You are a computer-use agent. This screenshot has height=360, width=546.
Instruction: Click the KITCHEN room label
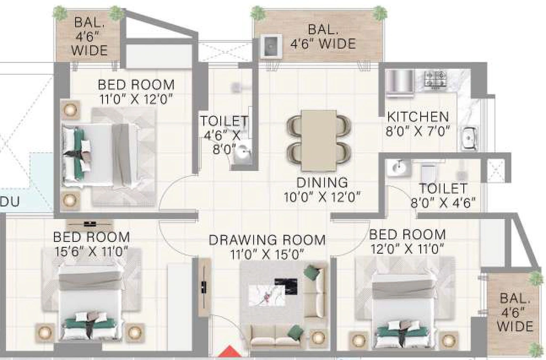pyautogui.click(x=418, y=117)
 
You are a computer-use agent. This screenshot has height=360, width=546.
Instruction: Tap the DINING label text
pyautogui.click(x=322, y=182)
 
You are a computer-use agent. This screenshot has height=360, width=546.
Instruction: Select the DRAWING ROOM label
pyautogui.click(x=267, y=240)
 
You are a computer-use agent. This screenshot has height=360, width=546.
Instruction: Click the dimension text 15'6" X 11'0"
pyautogui.click(x=91, y=251)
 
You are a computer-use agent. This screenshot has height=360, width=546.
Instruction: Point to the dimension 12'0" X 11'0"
pyautogui.click(x=407, y=249)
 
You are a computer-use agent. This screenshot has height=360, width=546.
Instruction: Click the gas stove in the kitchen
pyautogui.click(x=435, y=79)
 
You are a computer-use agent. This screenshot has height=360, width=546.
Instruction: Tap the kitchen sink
pyautogui.click(x=469, y=138)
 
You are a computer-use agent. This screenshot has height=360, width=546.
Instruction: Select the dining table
pyautogui.click(x=319, y=140)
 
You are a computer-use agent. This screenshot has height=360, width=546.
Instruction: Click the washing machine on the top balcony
pyautogui.click(x=271, y=46)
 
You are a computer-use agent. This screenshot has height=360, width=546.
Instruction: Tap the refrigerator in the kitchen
pyautogui.click(x=400, y=83)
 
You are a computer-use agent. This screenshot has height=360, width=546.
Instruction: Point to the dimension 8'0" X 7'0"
pyautogui.click(x=418, y=131)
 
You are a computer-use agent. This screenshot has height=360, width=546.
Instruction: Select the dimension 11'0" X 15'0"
pyautogui.click(x=267, y=254)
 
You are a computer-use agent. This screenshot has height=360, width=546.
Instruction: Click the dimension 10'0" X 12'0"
pyautogui.click(x=322, y=197)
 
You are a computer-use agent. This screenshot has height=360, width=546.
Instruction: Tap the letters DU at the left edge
pyautogui.click(x=10, y=202)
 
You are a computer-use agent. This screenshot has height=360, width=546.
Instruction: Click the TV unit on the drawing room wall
pyautogui.click(x=204, y=287)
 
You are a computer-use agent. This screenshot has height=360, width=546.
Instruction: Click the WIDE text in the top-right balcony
pyautogui.click(x=338, y=44)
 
